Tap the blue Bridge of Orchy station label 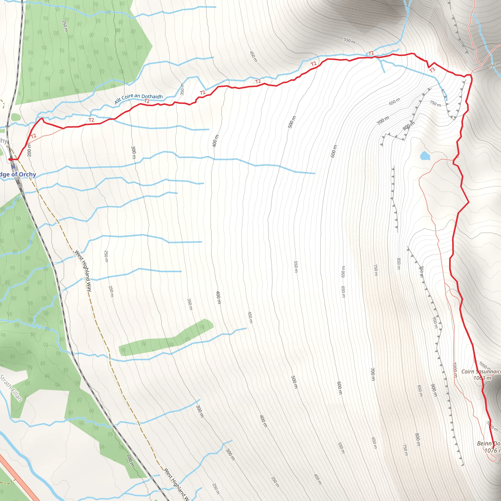(18, 174)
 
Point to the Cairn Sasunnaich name (481, 372)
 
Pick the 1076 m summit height (492, 450)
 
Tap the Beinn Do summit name (489, 444)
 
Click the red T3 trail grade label (432, 70)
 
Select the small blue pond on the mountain (425, 156)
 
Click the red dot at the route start (10, 159)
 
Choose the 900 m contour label (434, 390)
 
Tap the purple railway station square (13, 167)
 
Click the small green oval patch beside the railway (16, 117)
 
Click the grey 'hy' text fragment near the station (3, 141)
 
